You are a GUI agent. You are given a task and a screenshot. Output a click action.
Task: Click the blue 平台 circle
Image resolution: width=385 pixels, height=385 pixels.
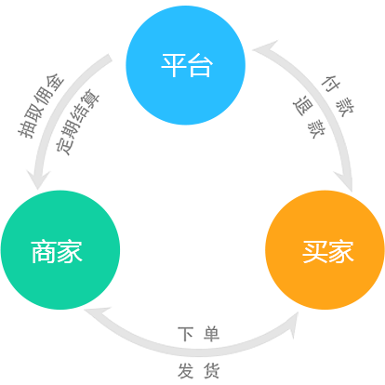[185, 65]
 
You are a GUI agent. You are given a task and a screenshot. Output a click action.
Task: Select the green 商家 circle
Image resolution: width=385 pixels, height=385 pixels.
[60, 250]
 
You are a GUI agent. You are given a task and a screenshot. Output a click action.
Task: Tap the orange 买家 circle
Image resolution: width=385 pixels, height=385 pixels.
[325, 250]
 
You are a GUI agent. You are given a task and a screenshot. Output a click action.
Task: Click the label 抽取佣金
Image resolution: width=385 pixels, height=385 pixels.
[41, 105]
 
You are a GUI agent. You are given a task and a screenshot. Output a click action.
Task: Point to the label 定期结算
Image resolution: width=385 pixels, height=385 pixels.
[77, 122]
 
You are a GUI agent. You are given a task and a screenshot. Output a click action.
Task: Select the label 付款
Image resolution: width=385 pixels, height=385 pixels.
[338, 96]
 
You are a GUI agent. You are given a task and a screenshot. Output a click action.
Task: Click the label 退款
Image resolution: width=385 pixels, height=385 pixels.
[309, 116]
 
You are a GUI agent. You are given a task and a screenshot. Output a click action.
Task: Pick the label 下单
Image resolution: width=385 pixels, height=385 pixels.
[199, 334]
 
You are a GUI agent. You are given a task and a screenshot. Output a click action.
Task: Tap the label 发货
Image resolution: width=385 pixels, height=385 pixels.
[199, 371]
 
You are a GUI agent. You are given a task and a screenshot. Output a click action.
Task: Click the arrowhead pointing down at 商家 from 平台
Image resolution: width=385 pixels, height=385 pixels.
[38, 179]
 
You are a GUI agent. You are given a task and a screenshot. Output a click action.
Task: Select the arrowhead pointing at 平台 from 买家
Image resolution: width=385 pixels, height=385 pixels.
[264, 49]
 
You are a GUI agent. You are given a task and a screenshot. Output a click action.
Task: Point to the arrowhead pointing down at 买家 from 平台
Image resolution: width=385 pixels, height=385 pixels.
[345, 182]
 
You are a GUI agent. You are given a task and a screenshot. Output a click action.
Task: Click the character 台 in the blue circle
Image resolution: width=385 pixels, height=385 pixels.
[200, 65]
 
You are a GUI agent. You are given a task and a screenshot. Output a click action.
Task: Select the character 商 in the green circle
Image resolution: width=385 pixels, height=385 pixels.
[44, 252]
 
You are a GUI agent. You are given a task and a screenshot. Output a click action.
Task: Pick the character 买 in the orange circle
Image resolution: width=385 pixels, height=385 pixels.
[314, 252]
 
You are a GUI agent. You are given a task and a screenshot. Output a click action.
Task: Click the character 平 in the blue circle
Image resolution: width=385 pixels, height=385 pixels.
[174, 65]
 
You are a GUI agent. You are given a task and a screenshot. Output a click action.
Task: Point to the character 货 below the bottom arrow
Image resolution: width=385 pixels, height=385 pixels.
[212, 371]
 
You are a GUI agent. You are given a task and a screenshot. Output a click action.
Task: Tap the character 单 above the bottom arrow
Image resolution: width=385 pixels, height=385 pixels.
[212, 334]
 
